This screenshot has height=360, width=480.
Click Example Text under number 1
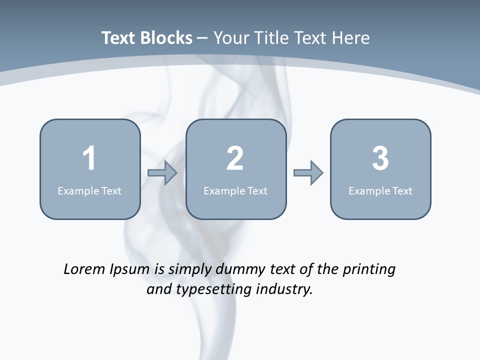coord(89,190)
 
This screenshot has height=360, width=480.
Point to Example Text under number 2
coord(235,190)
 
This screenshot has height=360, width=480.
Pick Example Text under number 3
coord(380,190)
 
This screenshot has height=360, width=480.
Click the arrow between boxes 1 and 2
coord(162,173)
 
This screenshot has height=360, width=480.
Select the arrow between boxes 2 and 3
coord(308,173)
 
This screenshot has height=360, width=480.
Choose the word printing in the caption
coord(369,269)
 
